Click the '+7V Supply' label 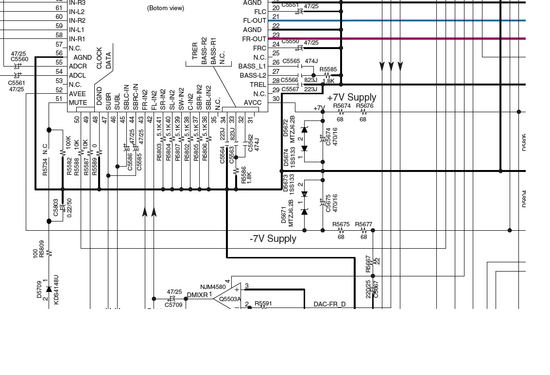pyautogui.click(x=351, y=98)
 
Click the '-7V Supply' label pyautogui.click(x=273, y=239)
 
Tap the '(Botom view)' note pyautogui.click(x=165, y=8)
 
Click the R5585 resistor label pyautogui.click(x=328, y=69)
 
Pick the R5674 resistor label pyautogui.click(x=342, y=106)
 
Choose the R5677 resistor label pyautogui.click(x=363, y=224)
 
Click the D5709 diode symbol pyautogui.click(x=49, y=290)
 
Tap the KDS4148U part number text pyautogui.click(x=56, y=290)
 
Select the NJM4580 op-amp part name pyautogui.click(x=213, y=287)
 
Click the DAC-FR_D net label pyautogui.click(x=329, y=305)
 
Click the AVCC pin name pyautogui.click(x=252, y=103)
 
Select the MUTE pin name pyautogui.click(x=78, y=103)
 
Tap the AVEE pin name pyautogui.click(x=78, y=94)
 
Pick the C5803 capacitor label pyautogui.click(x=55, y=207)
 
